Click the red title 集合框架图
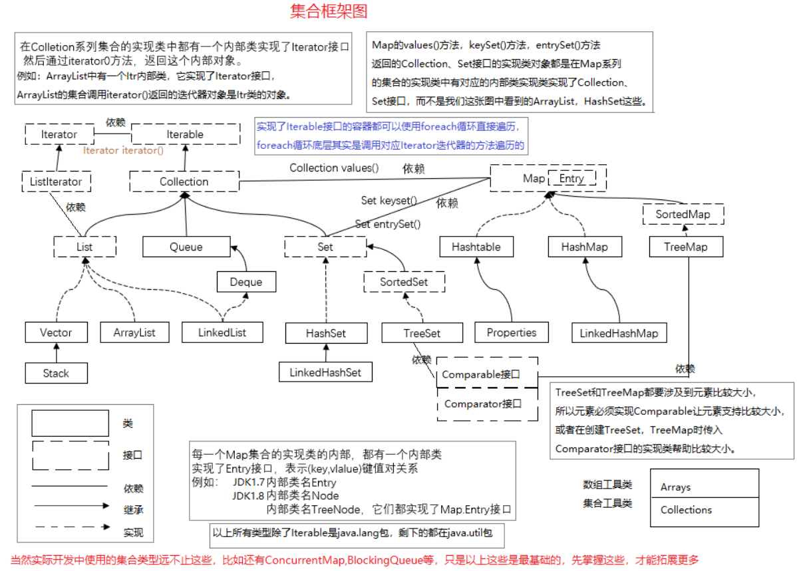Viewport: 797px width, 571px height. (x=329, y=11)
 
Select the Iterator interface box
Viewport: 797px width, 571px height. (x=59, y=134)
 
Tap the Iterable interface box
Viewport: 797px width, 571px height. (x=185, y=134)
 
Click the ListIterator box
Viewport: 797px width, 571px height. (x=56, y=181)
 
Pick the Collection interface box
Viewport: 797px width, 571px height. (x=184, y=181)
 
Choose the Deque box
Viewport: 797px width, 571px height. (x=245, y=282)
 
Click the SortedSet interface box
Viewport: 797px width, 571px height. (x=404, y=282)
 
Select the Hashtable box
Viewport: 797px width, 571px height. (x=476, y=247)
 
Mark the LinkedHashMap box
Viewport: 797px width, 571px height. (x=619, y=332)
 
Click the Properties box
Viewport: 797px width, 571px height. (x=511, y=332)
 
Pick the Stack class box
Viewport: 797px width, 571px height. (x=56, y=373)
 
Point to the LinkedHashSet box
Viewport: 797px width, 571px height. (x=325, y=372)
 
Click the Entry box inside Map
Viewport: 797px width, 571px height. (x=571, y=178)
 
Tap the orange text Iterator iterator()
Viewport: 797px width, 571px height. (x=123, y=151)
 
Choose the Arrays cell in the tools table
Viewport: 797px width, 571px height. (x=703, y=487)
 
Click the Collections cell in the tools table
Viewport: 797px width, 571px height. (x=703, y=511)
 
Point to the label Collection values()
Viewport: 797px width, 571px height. (x=334, y=168)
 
